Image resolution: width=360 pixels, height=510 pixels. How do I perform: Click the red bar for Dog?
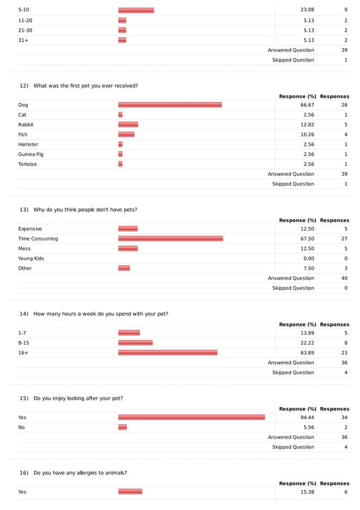[170, 105]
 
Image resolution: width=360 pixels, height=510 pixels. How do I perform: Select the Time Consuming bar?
[170, 239]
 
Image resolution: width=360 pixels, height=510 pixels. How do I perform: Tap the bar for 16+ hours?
[168, 353]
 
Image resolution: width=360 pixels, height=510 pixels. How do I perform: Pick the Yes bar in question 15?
[191, 418]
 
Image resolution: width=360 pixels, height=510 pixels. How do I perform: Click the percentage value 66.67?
[307, 105]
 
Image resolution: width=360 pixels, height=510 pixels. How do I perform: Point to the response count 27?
[344, 239]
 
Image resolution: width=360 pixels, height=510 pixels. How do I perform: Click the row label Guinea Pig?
[30, 154]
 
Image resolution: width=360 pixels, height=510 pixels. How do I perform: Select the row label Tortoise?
[28, 164]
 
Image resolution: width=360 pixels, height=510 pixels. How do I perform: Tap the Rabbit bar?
[128, 125]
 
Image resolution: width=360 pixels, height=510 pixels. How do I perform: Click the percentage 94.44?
[307, 418]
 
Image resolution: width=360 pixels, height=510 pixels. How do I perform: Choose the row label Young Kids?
[31, 259]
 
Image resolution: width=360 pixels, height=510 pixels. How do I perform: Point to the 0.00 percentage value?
[309, 259]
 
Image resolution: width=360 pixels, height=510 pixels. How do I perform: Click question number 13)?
[24, 210]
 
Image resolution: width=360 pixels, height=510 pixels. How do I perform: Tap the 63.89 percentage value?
[307, 353]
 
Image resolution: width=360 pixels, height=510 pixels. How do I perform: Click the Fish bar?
[126, 134]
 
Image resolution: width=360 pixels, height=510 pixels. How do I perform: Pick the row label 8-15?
[24, 343]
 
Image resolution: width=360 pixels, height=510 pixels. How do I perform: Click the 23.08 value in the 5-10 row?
[307, 10]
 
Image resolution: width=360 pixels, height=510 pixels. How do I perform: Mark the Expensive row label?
[30, 229]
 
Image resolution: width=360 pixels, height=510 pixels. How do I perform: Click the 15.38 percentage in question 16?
[307, 492]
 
